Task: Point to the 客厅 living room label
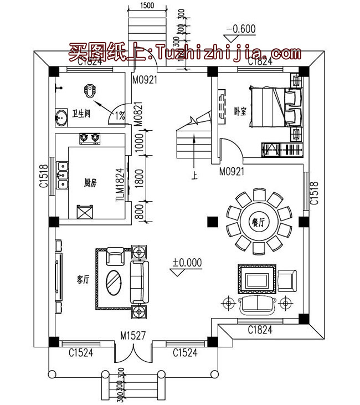(83, 279)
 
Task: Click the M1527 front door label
(133, 336)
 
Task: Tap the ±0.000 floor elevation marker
(187, 262)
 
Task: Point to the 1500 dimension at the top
(147, 6)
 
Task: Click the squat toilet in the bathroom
(90, 90)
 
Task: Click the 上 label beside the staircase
(194, 176)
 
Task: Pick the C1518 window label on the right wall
(313, 194)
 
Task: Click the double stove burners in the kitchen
(90, 137)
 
